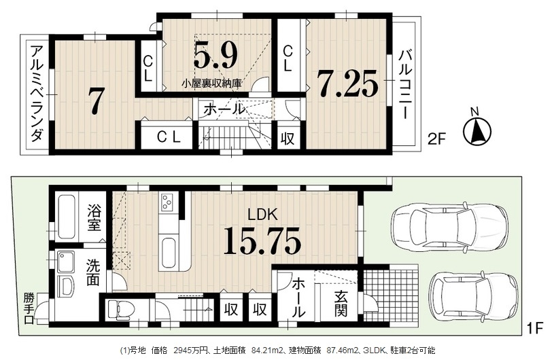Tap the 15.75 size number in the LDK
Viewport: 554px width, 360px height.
(262, 241)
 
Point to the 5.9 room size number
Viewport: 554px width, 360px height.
(215, 56)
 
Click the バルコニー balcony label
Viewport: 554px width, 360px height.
(405, 84)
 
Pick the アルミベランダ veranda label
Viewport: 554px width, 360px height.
(37, 94)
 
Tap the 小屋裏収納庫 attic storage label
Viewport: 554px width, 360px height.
(211, 84)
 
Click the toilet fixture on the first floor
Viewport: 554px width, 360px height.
(120, 310)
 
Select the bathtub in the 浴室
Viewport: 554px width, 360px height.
(67, 217)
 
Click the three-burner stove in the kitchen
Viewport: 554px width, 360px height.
(167, 202)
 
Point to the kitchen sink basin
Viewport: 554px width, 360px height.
(168, 253)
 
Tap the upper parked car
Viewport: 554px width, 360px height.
(449, 226)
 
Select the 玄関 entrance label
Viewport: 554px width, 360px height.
(341, 304)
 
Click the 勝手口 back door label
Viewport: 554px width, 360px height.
(29, 309)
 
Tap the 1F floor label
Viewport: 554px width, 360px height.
(535, 329)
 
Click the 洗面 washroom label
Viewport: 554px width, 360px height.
(93, 273)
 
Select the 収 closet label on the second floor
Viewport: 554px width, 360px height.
(288, 139)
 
